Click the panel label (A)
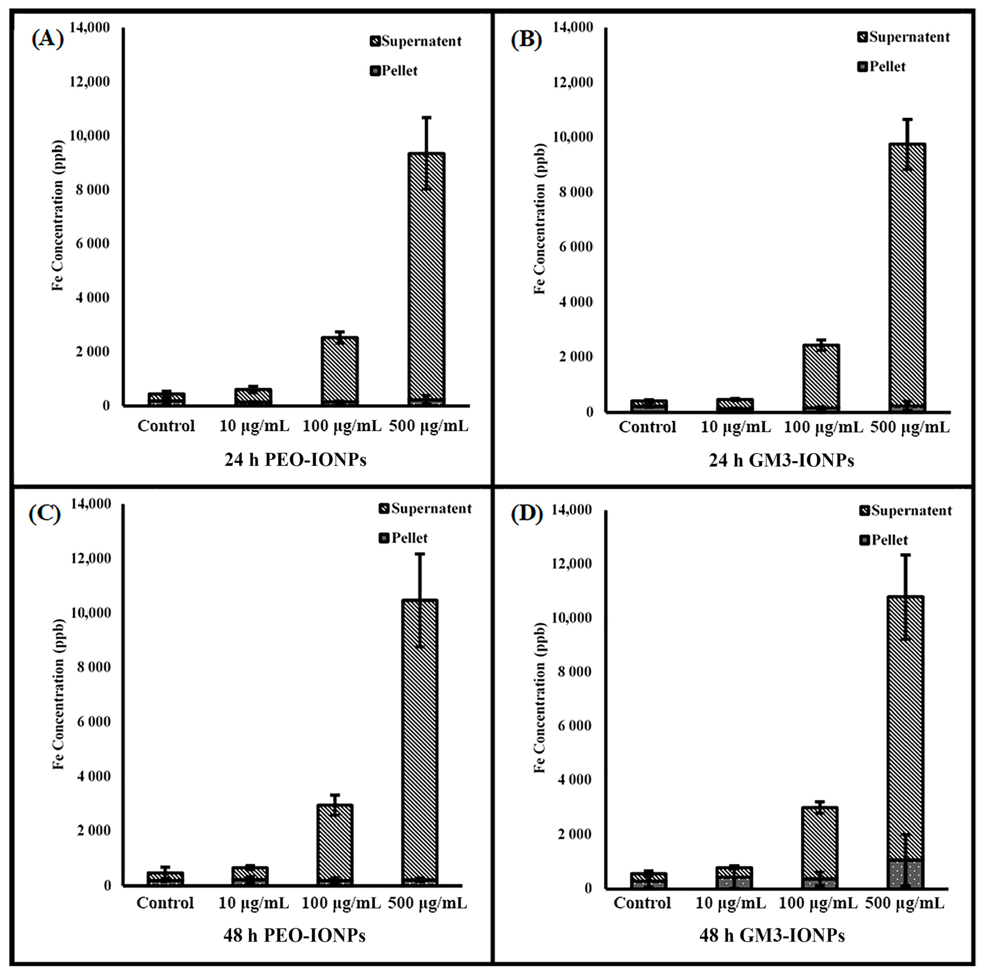tap(47, 39)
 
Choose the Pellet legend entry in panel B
tap(882, 67)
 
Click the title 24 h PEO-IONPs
tap(295, 460)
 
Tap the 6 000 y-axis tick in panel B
tap(576, 247)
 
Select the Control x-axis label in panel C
tap(165, 903)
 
